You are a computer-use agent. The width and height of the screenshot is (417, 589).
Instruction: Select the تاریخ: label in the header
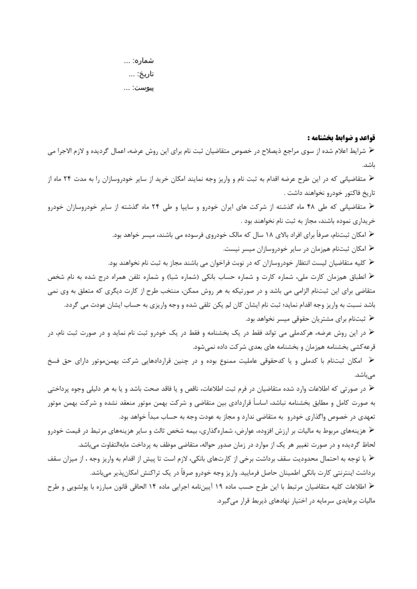(146, 72)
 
